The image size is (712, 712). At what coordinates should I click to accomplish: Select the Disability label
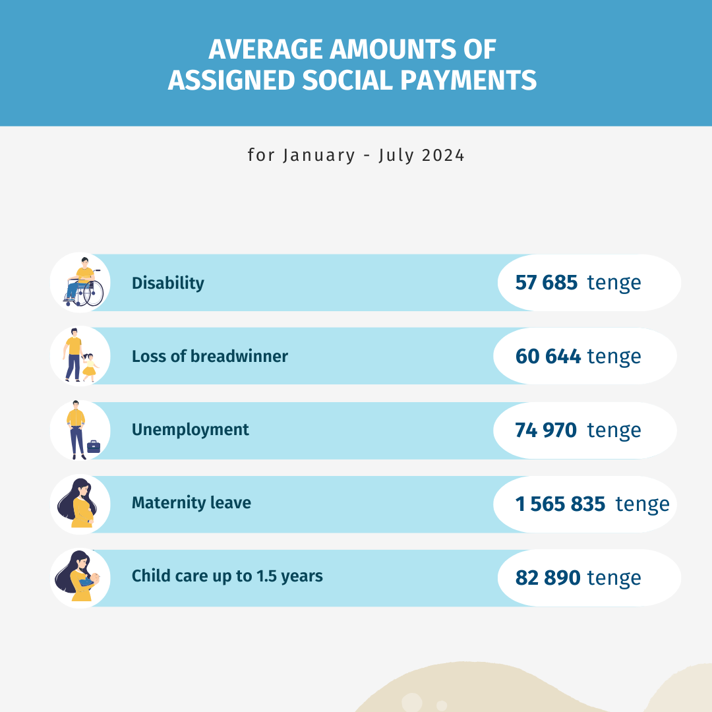click(168, 283)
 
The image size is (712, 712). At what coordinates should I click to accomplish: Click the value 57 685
click(547, 283)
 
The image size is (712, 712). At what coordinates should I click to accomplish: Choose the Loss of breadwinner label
click(210, 356)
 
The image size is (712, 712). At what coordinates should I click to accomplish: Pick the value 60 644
click(548, 356)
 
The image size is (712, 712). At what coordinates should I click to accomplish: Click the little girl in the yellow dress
click(89, 367)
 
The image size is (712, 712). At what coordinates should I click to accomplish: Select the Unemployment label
click(191, 430)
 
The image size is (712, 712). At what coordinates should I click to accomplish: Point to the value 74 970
click(546, 430)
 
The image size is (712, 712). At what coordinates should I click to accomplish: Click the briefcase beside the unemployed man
click(94, 446)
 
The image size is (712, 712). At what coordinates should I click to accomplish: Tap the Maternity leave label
click(191, 503)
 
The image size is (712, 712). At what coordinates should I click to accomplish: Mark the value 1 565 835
click(560, 504)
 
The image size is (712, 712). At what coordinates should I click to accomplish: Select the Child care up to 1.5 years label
click(227, 576)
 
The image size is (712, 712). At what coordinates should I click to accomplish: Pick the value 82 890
click(548, 578)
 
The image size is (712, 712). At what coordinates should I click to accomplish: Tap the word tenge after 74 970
click(614, 430)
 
